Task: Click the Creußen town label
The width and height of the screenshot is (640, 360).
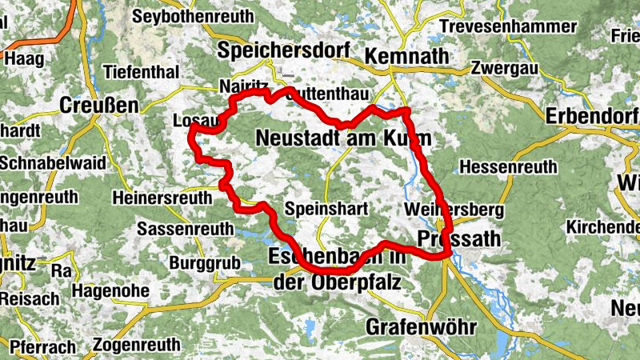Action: point(99,106)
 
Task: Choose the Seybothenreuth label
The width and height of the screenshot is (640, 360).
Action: point(192,16)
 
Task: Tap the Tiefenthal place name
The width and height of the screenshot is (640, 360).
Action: point(146,72)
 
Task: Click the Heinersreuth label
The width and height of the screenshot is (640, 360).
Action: point(162,198)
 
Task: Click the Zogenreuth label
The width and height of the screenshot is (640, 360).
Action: point(137,346)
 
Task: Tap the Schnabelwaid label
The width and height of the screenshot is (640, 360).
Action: point(53,162)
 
